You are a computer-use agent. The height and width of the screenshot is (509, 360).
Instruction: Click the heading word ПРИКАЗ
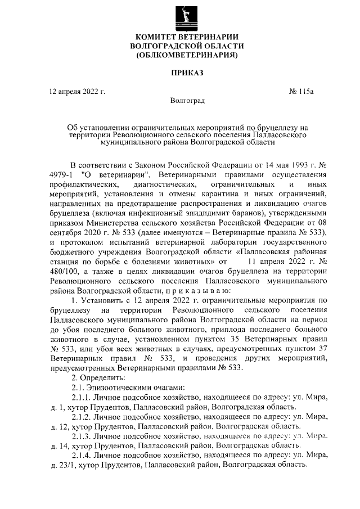pos(187,73)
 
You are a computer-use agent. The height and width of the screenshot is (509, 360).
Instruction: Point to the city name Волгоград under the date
pos(187,101)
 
